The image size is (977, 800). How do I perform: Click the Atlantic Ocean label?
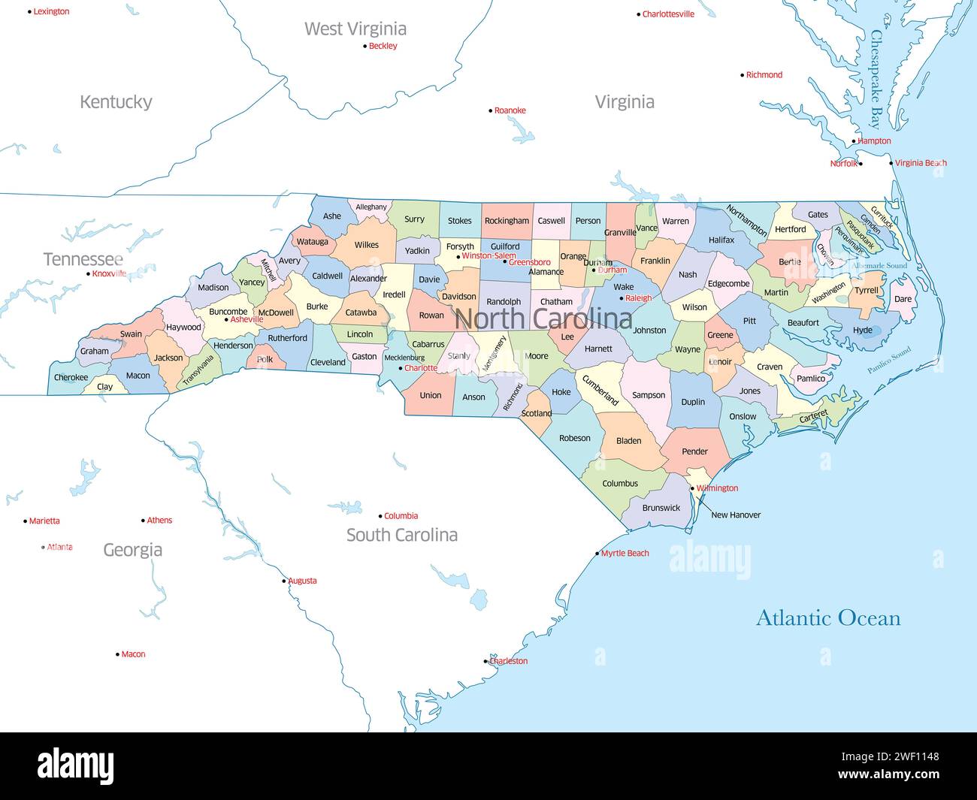pyautogui.click(x=827, y=618)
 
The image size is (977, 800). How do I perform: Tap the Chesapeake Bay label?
pyautogui.click(x=876, y=78)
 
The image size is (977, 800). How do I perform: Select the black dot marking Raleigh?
pyautogui.click(x=622, y=298)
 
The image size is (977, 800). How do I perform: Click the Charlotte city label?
pyautogui.click(x=421, y=368)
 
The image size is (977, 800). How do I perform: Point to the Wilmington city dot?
pyautogui.click(x=692, y=488)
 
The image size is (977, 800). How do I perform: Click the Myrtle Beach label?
pyautogui.click(x=625, y=554)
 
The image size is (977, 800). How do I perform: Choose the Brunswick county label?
pyautogui.click(x=661, y=508)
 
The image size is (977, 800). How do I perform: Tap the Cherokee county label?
pyautogui.click(x=71, y=378)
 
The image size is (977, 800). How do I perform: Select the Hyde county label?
pyautogui.click(x=863, y=331)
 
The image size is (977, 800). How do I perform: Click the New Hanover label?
pyautogui.click(x=736, y=515)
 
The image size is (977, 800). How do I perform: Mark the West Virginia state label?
pyautogui.click(x=355, y=29)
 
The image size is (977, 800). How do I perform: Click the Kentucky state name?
pyautogui.click(x=116, y=102)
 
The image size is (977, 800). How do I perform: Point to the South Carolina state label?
pyautogui.click(x=401, y=535)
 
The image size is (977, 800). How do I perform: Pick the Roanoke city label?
pyautogui.click(x=510, y=111)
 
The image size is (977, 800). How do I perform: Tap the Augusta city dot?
pyautogui.click(x=284, y=581)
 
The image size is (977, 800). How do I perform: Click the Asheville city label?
pyautogui.click(x=247, y=320)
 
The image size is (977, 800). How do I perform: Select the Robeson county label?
pyautogui.click(x=575, y=438)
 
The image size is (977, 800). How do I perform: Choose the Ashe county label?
pyautogui.click(x=331, y=216)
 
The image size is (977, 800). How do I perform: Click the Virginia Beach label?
pyautogui.click(x=921, y=163)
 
